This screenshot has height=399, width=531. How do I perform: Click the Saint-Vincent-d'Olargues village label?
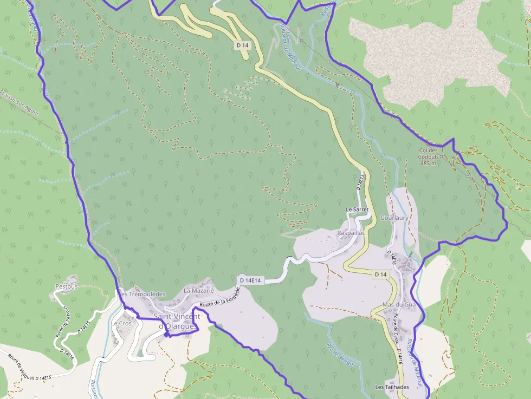(x=178, y=321)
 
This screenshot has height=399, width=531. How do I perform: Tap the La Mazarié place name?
(x=196, y=291)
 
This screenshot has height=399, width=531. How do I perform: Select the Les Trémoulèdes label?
(x=141, y=294)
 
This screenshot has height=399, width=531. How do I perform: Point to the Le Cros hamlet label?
(x=121, y=323)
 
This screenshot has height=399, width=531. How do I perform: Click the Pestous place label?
(x=67, y=286)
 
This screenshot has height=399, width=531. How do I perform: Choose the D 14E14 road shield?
(x=250, y=280)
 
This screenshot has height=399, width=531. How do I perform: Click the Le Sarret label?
(x=357, y=209)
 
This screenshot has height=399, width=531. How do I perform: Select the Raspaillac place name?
(x=351, y=233)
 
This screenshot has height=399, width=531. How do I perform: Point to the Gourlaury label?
(x=394, y=218)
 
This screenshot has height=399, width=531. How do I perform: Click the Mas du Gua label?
(x=398, y=305)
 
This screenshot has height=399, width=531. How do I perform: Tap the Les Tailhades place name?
(x=392, y=387)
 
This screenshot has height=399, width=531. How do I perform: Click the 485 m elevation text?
(x=428, y=163)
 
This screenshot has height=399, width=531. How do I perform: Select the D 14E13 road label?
(x=360, y=181)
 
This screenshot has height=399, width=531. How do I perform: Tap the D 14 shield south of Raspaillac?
(x=380, y=274)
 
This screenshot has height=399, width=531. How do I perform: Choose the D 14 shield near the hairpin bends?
(x=242, y=45)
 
